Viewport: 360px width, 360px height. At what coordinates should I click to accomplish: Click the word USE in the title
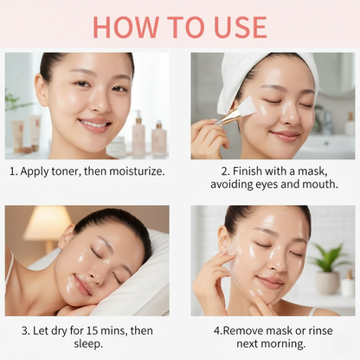241,28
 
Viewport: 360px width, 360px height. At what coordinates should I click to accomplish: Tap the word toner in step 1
66,171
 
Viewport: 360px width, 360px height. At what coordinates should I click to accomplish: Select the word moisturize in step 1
137,171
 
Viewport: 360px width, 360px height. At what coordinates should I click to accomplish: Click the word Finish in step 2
247,171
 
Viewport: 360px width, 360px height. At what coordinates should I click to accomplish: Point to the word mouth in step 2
320,184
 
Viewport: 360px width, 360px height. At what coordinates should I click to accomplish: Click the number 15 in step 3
93,331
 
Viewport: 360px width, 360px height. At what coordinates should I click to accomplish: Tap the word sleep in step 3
88,344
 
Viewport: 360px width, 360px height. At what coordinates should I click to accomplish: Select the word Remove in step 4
243,331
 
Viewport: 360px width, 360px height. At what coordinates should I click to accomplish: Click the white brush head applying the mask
247,106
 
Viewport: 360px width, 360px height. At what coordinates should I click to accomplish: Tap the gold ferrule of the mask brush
231,116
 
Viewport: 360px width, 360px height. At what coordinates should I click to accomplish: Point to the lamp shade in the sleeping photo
46,222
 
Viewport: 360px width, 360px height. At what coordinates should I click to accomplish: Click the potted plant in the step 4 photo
328,268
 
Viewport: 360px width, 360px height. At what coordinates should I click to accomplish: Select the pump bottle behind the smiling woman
138,133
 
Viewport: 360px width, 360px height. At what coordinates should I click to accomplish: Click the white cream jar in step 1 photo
117,147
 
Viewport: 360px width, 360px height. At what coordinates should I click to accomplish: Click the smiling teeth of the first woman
93,125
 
